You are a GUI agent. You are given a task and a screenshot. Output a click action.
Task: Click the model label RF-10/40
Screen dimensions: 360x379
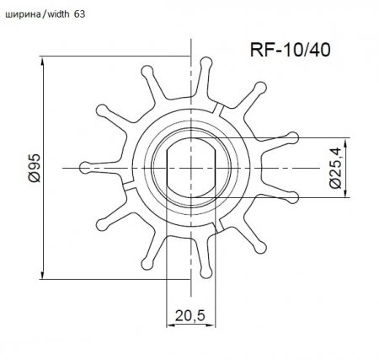pyautogui.click(x=289, y=50)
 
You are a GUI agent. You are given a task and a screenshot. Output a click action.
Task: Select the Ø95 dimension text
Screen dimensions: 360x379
pyautogui.click(x=34, y=168)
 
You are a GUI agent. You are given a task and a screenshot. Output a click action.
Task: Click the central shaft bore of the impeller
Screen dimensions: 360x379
pyautogui.click(x=193, y=169)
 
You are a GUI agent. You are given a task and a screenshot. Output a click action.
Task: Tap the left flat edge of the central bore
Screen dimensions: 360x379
pyautogui.click(x=171, y=169)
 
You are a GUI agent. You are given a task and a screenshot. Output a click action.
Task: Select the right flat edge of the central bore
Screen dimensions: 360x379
pyautogui.click(x=216, y=169)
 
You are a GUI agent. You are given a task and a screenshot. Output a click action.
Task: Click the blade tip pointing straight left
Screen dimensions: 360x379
pyautogui.click(x=85, y=165)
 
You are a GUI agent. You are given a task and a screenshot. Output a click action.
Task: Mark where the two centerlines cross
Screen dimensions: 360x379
pyautogui.click(x=194, y=169)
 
